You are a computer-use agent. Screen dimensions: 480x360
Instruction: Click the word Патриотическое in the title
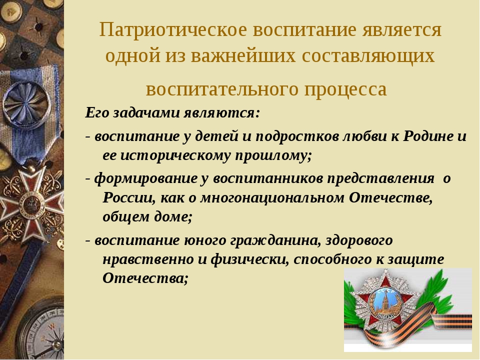click(173, 30)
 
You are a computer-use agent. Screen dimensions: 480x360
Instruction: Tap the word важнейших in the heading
click(243, 55)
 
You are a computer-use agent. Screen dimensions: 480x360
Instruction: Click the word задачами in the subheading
click(146, 112)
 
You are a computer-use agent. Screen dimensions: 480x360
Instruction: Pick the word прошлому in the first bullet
click(273, 156)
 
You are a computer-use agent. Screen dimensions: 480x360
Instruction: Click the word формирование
click(145, 178)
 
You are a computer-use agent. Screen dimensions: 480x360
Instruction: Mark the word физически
click(250, 259)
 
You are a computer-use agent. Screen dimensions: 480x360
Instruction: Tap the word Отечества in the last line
click(145, 278)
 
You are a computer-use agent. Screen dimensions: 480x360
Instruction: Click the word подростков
click(297, 136)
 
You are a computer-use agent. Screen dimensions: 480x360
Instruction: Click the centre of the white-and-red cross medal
click(30, 204)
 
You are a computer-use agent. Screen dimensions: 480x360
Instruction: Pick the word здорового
click(359, 240)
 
